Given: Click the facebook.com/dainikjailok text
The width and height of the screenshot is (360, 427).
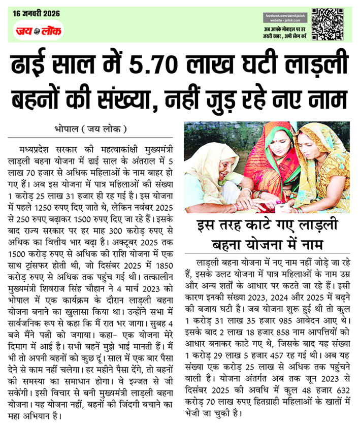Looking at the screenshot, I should [x=285, y=17].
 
